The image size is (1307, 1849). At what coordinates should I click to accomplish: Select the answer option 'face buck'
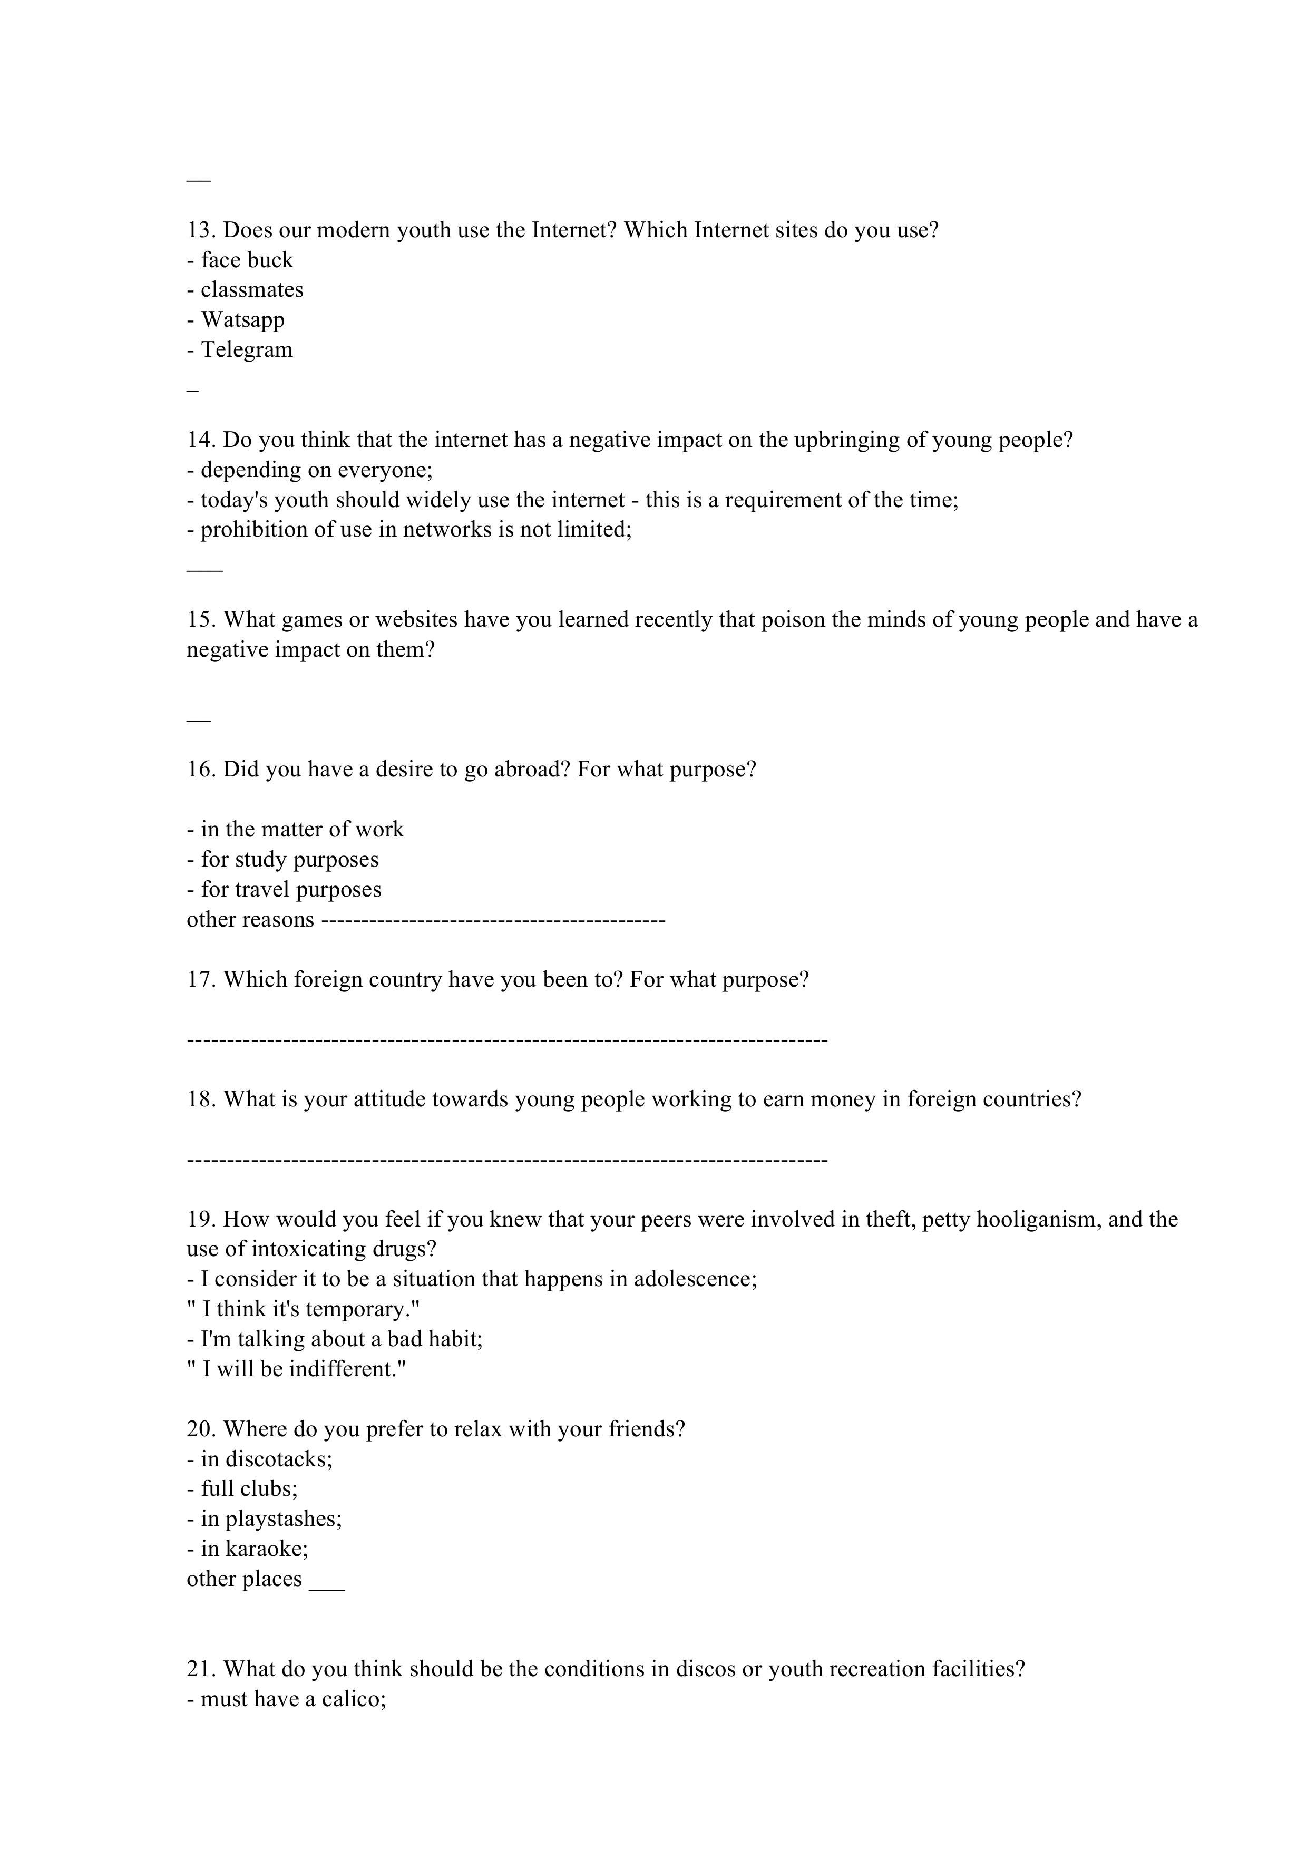tap(247, 260)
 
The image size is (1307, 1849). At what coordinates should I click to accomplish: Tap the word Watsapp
tap(242, 320)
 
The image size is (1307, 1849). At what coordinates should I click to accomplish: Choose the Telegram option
tap(247, 349)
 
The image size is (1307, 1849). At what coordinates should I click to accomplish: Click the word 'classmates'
tap(252, 290)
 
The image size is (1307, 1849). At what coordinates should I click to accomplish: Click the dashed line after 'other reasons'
tap(493, 920)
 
